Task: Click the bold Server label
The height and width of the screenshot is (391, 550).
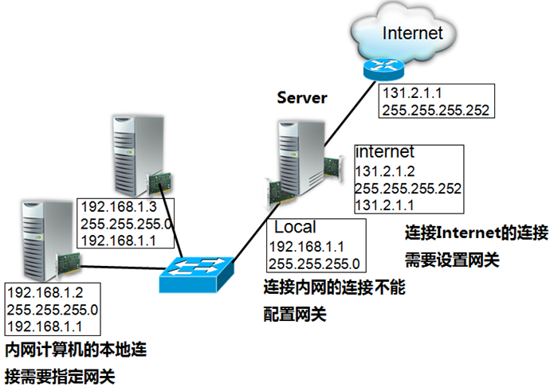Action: (x=302, y=98)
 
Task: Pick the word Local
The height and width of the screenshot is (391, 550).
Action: (x=295, y=228)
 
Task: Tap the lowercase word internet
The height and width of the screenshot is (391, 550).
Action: (x=386, y=151)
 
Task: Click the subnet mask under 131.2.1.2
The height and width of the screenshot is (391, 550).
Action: (x=408, y=189)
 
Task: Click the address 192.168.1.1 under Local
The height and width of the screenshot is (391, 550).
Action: (x=302, y=247)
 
